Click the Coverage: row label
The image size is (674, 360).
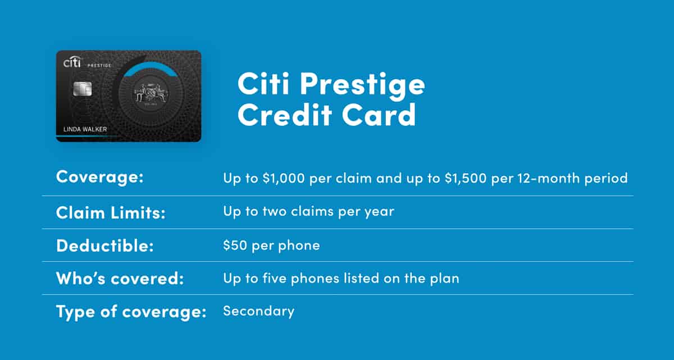(100, 177)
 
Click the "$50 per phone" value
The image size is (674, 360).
(271, 245)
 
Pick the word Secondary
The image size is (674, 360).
(258, 311)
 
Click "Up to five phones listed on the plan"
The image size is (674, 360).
(341, 277)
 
